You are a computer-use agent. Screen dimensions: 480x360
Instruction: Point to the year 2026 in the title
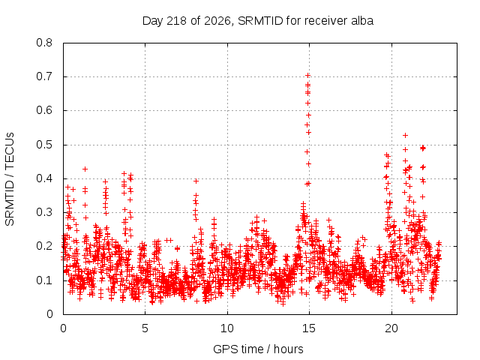tap(217, 21)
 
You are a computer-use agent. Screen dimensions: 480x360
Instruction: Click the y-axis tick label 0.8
tap(44, 43)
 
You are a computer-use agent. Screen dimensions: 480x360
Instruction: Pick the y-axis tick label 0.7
tap(44, 76)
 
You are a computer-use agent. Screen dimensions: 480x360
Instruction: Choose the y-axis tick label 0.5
tap(44, 145)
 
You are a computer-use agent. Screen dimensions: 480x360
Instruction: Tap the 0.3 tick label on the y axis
tap(44, 212)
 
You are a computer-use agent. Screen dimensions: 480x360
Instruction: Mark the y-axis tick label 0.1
tap(44, 280)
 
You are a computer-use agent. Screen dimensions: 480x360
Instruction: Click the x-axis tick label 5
tap(145, 328)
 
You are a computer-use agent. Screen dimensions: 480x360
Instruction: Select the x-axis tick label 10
tap(227, 328)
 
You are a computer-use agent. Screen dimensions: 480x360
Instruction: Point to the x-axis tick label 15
tap(309, 328)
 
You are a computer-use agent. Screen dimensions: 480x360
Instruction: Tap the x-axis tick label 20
tap(391, 328)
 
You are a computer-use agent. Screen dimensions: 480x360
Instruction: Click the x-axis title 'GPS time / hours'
tap(258, 349)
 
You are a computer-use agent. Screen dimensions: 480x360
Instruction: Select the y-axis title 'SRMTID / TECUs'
tap(10, 179)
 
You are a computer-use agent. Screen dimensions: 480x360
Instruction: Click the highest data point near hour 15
tap(307, 75)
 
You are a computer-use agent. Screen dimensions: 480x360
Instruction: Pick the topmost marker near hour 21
tap(405, 135)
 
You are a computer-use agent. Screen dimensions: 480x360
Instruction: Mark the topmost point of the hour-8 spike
tap(196, 181)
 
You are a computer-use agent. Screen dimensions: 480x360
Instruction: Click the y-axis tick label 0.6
tap(44, 110)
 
